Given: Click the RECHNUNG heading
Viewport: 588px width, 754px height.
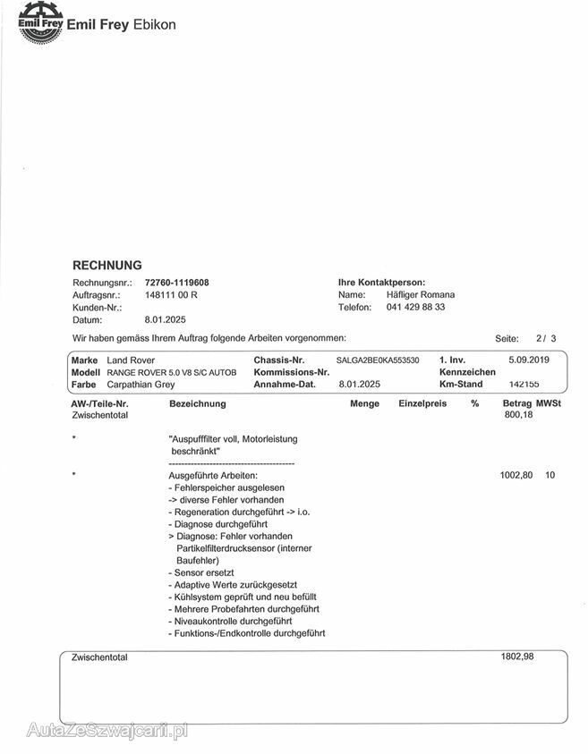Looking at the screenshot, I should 107,266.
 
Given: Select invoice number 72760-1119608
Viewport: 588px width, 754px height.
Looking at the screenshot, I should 176,283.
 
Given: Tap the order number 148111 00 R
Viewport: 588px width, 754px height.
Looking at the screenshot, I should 171,294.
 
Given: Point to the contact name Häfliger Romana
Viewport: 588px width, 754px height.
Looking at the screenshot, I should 421,294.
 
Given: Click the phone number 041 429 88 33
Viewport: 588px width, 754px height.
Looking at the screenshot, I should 415,307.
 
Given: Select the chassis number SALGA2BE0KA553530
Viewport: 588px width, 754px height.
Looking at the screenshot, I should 378,360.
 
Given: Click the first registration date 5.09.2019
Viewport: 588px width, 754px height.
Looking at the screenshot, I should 528,360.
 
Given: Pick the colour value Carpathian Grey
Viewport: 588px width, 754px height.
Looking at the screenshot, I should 141,384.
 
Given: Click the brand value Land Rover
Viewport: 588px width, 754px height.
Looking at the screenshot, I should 131,360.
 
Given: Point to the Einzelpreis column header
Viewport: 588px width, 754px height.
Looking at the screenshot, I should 422,403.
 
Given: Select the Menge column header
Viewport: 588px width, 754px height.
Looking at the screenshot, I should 364,403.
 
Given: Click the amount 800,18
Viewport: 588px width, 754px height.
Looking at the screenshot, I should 518,415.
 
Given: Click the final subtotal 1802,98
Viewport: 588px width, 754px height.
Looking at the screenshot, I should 517,657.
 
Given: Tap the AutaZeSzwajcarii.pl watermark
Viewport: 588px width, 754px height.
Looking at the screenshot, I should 107,730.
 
